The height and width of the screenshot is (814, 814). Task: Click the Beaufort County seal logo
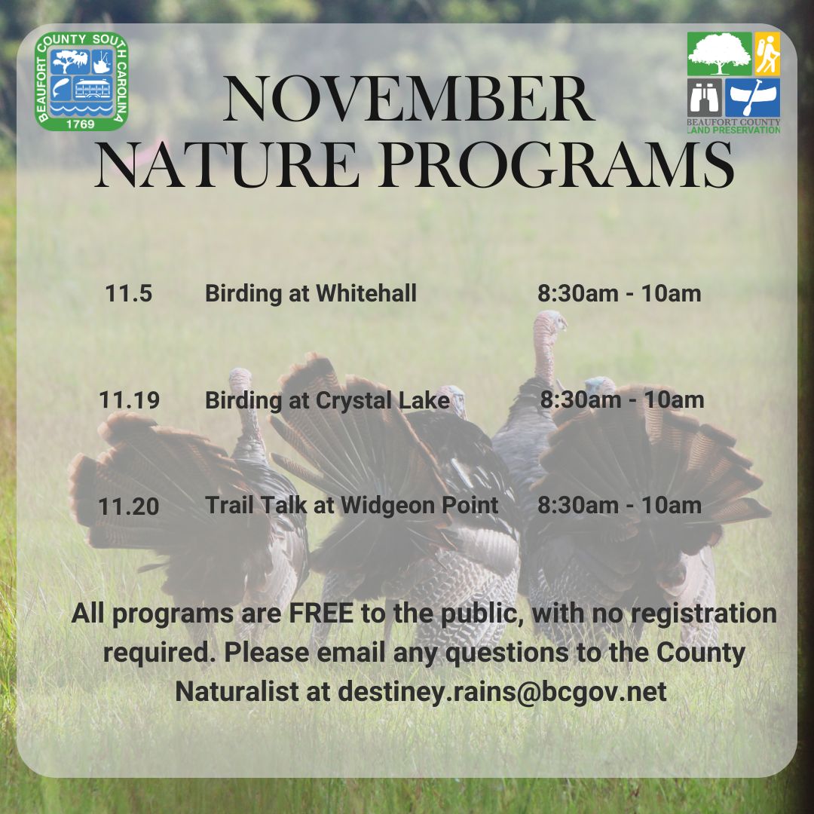coord(82,81)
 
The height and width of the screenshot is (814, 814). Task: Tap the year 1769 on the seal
coord(81,123)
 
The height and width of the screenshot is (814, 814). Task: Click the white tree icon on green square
coord(719,54)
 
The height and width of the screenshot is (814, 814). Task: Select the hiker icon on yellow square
coord(767,54)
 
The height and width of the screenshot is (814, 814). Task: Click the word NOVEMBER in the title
coord(408,100)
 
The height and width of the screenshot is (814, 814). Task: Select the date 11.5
coord(129,293)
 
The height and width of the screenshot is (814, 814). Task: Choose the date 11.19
coord(129,400)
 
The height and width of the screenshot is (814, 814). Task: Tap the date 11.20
coord(129,506)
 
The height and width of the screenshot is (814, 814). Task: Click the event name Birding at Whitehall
coord(311,293)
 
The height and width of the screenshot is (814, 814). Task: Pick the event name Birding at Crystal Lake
coord(327,400)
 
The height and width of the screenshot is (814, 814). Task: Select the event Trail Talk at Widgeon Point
coord(351,505)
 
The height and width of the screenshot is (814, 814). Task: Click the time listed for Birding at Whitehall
coord(619,293)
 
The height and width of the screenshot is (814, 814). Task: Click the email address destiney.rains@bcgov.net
coord(502,691)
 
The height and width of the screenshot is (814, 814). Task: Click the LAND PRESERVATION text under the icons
coord(733,130)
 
